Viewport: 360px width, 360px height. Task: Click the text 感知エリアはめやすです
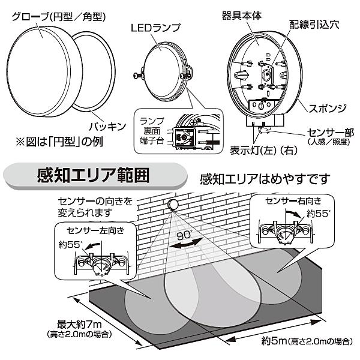coord(266,178)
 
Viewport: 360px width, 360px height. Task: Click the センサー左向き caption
coord(94,229)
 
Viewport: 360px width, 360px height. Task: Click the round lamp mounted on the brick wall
coord(174,205)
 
